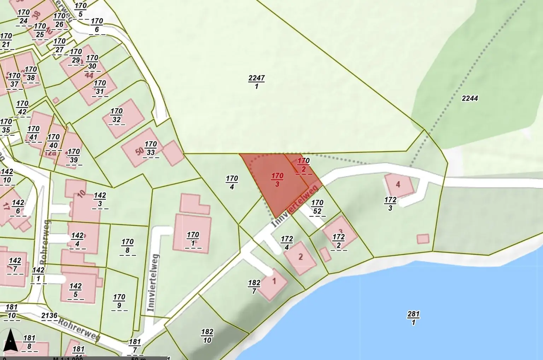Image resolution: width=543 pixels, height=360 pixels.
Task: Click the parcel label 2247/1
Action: (256, 82)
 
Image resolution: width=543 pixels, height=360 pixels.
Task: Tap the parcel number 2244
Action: (470, 98)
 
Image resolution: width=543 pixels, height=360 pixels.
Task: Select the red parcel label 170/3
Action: (278, 180)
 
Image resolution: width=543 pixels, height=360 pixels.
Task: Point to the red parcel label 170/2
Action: (303, 165)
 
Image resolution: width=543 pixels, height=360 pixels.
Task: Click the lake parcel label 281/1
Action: (413, 318)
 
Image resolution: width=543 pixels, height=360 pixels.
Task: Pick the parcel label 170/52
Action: (317, 207)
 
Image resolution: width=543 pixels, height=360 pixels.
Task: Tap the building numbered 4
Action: (398, 185)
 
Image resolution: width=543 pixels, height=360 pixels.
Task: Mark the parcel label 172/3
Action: (390, 204)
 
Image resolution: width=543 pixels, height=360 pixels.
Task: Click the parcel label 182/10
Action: (207, 336)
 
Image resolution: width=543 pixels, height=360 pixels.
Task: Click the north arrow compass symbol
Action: (11, 340)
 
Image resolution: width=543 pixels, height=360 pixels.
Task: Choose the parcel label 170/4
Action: (232, 182)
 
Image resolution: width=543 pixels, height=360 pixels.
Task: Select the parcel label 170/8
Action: (127, 246)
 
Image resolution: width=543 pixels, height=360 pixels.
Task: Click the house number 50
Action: (140, 151)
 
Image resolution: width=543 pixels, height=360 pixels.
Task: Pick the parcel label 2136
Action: (49, 316)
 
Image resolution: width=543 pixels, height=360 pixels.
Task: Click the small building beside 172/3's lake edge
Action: (423, 239)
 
